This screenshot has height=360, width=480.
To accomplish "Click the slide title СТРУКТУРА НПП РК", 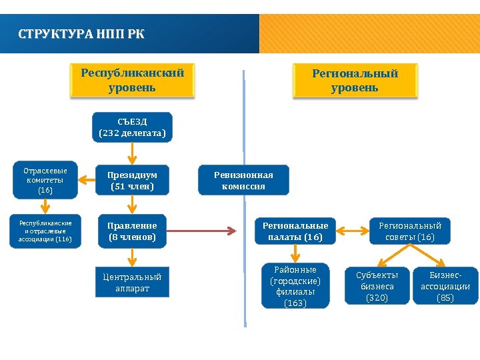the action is click(81, 33).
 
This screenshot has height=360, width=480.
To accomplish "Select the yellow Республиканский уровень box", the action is click(132, 80).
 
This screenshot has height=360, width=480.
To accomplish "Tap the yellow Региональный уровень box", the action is click(355, 81).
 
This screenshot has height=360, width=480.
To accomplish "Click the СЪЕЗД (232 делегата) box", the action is click(132, 127).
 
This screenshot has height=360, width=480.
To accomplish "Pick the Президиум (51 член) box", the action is click(132, 180).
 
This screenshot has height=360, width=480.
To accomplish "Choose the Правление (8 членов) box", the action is click(132, 231).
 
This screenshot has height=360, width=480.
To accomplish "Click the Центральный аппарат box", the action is click(132, 283).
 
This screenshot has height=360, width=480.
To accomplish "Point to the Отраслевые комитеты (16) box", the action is click(45, 180).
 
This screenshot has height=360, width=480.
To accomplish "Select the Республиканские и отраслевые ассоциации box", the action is click(45, 231).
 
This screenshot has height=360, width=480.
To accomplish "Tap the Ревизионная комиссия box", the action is click(243, 180).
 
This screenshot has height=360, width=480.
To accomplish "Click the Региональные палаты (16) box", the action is click(295, 231).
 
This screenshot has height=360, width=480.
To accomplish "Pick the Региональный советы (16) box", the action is click(410, 231).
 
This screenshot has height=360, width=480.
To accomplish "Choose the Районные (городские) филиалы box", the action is click(295, 286).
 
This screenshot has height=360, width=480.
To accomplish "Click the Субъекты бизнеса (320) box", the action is click(377, 286).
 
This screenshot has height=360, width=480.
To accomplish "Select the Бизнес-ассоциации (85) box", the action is click(445, 286).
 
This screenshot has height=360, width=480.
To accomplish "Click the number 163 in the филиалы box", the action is click(295, 303).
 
